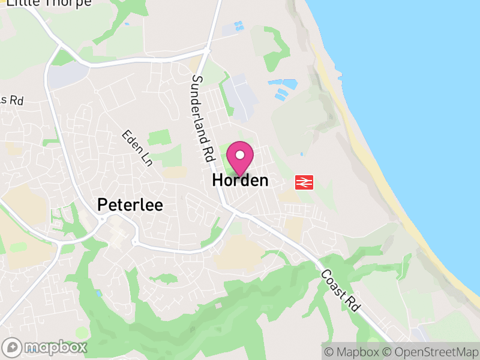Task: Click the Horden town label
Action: click(x=240, y=180)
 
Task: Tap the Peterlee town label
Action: click(x=130, y=205)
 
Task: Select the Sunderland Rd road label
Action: click(x=203, y=118)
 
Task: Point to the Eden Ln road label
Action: click(x=137, y=149)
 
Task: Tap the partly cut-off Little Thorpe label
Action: click(x=49, y=3)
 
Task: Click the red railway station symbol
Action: click(x=304, y=182)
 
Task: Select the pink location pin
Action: click(x=240, y=158)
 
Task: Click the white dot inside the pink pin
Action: click(x=240, y=155)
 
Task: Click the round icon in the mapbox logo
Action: click(x=13, y=347)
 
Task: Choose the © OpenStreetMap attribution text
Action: click(x=431, y=352)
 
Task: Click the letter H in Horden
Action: click(x=218, y=180)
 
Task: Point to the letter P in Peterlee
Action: click(x=103, y=205)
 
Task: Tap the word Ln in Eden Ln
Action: click(x=146, y=158)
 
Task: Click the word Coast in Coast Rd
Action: click(x=334, y=281)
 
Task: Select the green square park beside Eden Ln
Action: click(x=159, y=137)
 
